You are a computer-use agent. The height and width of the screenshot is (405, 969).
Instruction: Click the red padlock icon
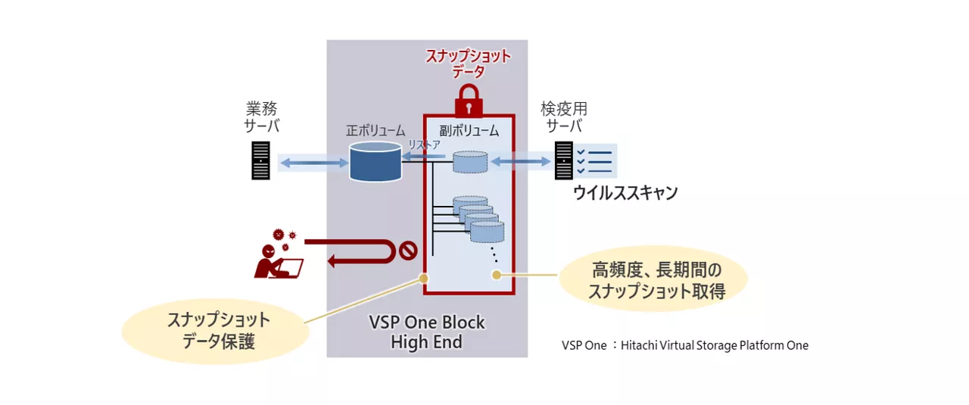coord(469,99)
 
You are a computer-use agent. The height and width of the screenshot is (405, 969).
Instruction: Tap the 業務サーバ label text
coord(260,117)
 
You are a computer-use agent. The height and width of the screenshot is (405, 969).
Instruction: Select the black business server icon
coord(260,161)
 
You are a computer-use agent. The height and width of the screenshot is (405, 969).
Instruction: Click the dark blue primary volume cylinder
coord(375,161)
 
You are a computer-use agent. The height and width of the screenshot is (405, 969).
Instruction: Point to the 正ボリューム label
coord(375,130)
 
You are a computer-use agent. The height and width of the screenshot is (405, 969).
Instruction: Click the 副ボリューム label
coord(469,130)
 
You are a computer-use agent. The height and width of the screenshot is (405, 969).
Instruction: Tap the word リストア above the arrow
coord(425,145)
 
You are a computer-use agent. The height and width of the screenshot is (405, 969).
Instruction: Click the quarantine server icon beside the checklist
coord(564,161)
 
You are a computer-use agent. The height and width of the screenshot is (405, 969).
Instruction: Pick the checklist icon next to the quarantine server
coord(594,161)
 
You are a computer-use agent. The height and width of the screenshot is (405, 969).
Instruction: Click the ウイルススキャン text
coord(625,193)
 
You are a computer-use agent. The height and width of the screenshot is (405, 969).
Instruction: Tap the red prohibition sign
coord(408,250)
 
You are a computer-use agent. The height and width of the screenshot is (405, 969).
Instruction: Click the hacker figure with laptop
coord(277,255)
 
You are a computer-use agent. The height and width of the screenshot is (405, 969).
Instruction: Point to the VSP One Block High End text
coord(427,332)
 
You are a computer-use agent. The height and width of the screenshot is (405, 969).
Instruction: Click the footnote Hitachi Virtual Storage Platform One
coord(685,345)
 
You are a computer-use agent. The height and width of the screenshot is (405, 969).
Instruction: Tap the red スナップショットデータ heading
coord(469,64)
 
